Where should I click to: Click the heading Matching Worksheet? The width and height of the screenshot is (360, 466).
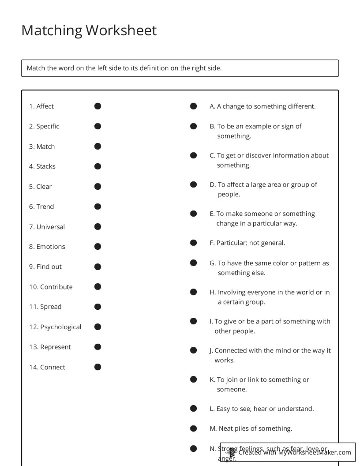click(89, 30)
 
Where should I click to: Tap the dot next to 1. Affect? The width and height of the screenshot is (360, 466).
click(97, 106)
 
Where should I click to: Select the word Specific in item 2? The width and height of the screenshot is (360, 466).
click(48, 126)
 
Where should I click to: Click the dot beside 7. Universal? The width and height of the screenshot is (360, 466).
click(97, 226)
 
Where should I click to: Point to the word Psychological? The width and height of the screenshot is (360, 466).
click(61, 327)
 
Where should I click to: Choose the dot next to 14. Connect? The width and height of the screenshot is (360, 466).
click(97, 367)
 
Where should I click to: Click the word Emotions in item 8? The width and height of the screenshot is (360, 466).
click(51, 247)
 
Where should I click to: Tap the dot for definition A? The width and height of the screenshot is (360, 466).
click(193, 106)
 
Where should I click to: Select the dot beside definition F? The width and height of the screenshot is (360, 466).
click(193, 243)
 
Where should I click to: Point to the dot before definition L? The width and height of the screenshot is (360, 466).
click(193, 409)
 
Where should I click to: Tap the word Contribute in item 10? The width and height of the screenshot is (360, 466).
click(56, 287)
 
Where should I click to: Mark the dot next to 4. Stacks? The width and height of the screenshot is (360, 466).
click(97, 166)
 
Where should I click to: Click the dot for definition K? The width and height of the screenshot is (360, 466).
click(193, 380)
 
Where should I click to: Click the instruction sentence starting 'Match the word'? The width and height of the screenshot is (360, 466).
click(124, 68)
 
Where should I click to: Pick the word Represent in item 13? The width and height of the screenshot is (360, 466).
click(56, 347)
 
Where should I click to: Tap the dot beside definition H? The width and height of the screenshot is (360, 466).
click(193, 292)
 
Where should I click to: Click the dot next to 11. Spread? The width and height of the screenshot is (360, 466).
click(97, 307)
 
